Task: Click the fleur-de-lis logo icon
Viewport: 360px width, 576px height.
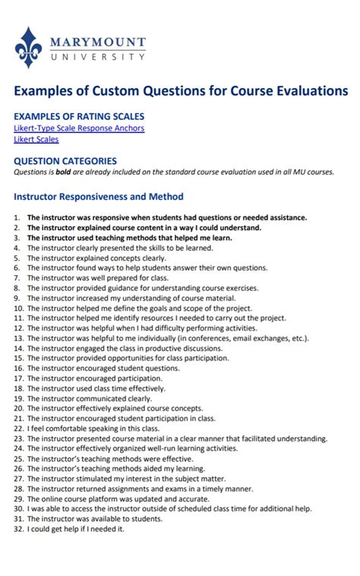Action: click(28, 47)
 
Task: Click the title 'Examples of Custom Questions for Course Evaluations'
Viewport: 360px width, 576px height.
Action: click(180, 91)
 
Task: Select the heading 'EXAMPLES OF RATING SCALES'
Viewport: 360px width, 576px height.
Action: click(79, 116)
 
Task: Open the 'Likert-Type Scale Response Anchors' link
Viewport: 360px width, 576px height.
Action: click(79, 128)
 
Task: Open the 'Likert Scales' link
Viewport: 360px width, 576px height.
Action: click(36, 139)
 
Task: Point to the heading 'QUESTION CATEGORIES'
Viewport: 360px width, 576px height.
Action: click(65, 161)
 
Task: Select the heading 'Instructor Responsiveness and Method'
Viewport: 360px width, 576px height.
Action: click(99, 197)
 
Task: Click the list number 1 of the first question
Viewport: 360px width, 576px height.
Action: click(16, 217)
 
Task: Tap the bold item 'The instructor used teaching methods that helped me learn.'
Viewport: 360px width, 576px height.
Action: click(129, 238)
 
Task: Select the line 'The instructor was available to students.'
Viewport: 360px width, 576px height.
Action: click(95, 519)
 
